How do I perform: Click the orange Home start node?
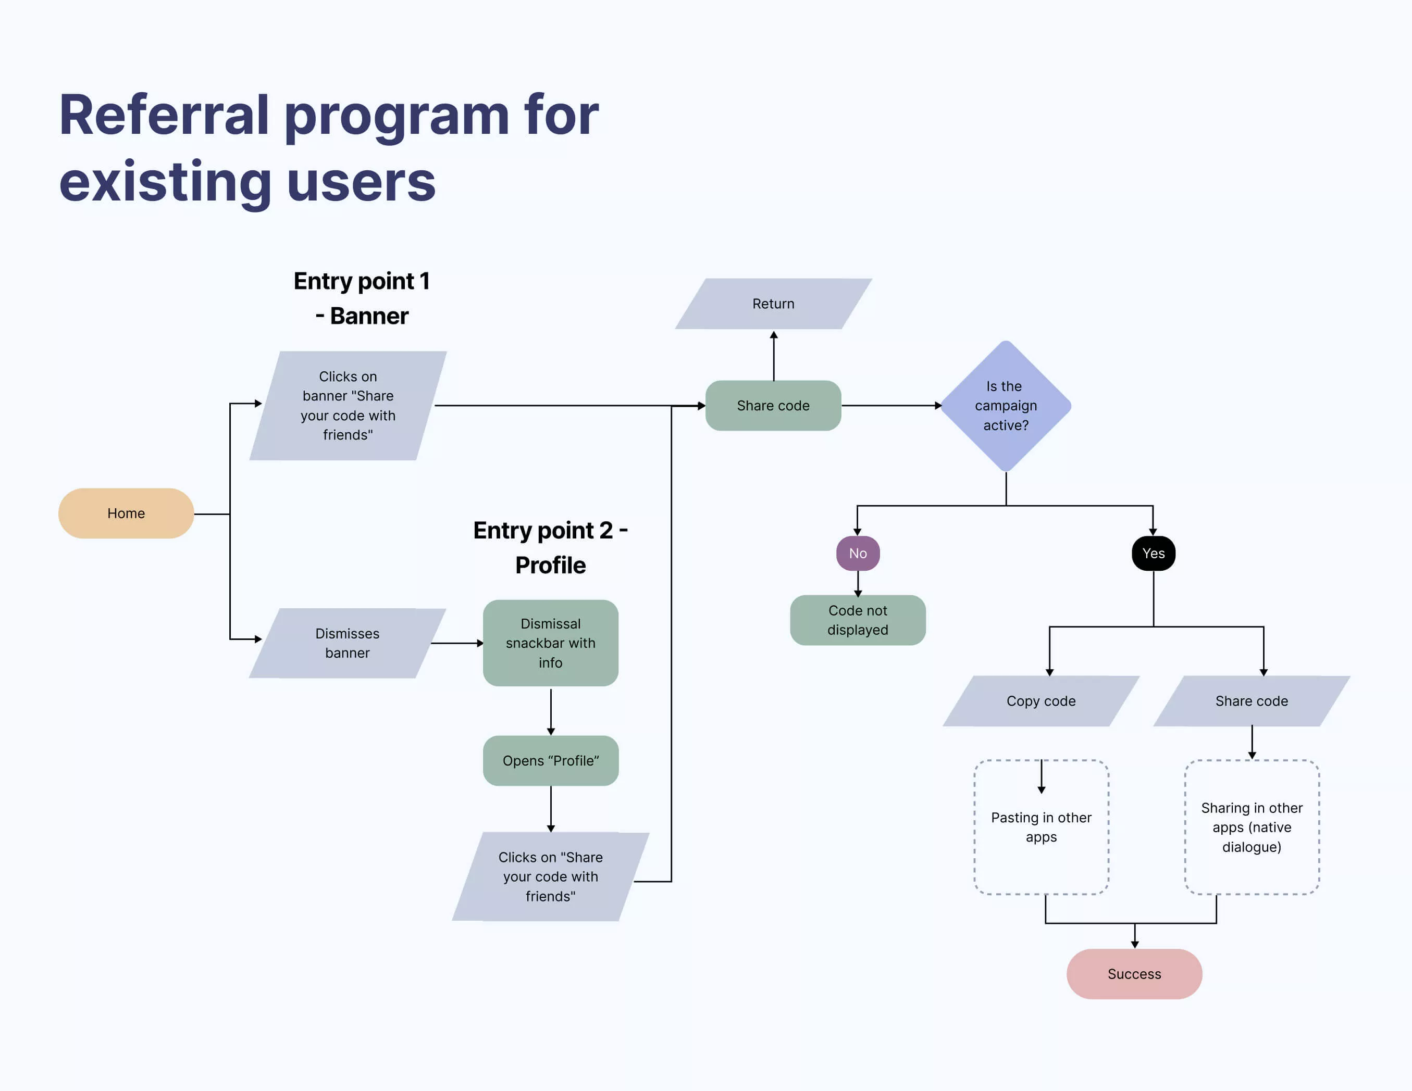(x=126, y=513)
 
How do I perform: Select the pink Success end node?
(x=1134, y=973)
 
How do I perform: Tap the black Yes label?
(x=1154, y=553)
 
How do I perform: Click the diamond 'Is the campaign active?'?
(x=1006, y=406)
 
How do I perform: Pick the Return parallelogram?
(x=773, y=304)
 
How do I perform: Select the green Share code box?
(x=773, y=406)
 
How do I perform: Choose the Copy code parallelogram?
(x=1041, y=701)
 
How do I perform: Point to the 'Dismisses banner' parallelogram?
(x=347, y=643)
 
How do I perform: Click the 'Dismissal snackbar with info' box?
(x=550, y=643)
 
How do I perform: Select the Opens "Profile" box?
(x=550, y=761)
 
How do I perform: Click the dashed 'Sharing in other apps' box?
(x=1252, y=827)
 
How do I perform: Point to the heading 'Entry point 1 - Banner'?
(x=362, y=298)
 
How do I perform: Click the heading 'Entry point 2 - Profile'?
(x=550, y=547)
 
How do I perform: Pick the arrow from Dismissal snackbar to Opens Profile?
(x=550, y=711)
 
